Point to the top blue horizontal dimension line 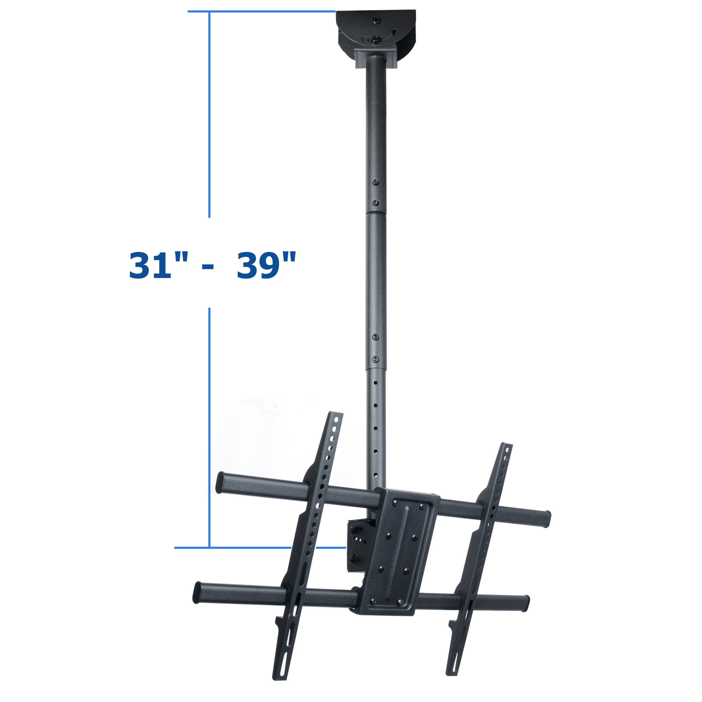pos(261,12)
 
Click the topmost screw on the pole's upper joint pos(376,182)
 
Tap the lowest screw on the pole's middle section pos(376,359)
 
